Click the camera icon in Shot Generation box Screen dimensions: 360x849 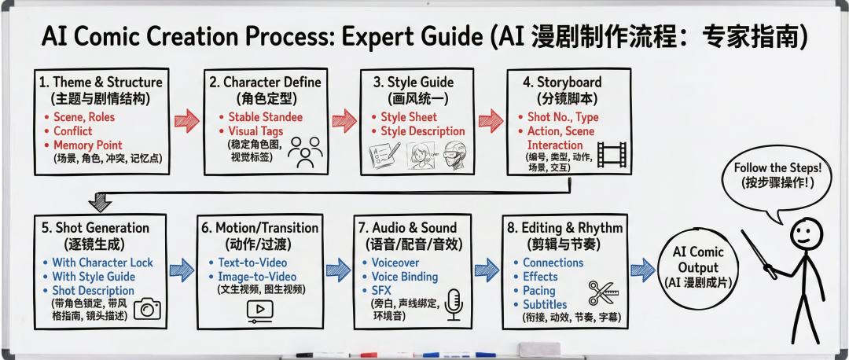click(147, 309)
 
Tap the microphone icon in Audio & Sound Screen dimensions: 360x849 click(454, 305)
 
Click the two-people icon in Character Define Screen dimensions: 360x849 click(305, 152)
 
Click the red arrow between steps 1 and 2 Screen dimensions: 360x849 click(187, 120)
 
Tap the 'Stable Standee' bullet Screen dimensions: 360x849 click(266, 117)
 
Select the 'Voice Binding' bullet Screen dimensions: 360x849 click(406, 277)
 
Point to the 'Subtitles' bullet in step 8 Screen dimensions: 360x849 click(545, 304)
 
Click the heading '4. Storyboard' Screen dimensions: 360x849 click(564, 82)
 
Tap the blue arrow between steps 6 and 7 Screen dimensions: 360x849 click(338, 270)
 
